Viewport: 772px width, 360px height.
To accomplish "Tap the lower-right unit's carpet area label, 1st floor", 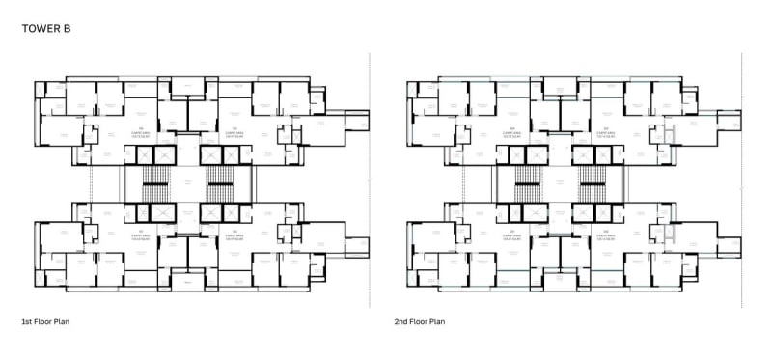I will pyautogui.click(x=234, y=235).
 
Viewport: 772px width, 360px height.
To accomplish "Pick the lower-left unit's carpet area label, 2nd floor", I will pyautogui.click(x=511, y=235).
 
